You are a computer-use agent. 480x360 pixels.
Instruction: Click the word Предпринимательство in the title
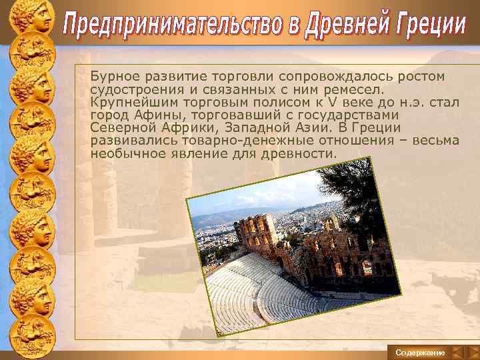(170, 27)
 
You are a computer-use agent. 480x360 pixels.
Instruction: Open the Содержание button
(419, 351)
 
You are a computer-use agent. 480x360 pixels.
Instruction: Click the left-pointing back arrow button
(457, 351)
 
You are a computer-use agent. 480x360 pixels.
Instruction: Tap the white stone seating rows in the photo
(247, 287)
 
